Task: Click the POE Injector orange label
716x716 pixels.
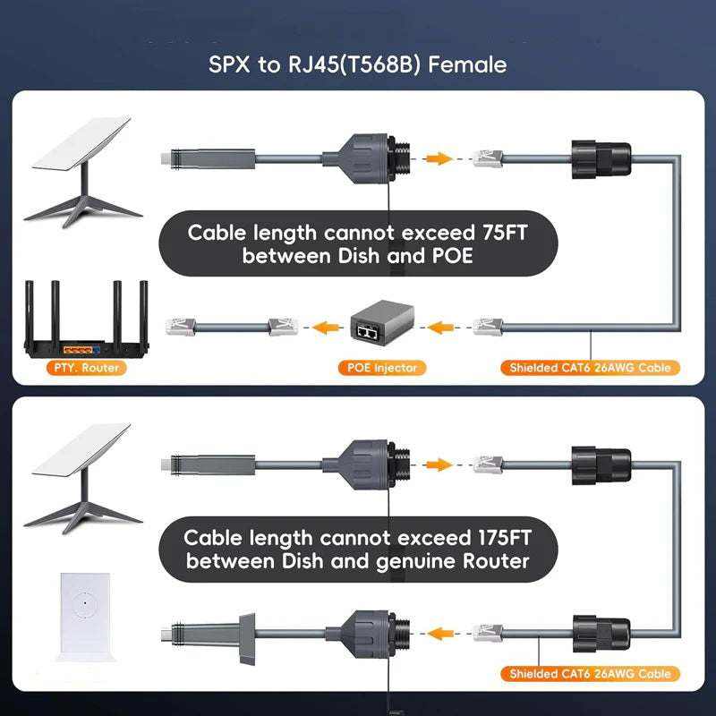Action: (x=382, y=368)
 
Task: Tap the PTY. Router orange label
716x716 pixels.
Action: (x=86, y=368)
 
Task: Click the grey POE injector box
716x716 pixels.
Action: (x=382, y=322)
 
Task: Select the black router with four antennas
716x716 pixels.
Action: (x=86, y=320)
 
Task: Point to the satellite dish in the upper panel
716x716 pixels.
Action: (x=82, y=171)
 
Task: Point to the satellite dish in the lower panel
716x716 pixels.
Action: (x=82, y=478)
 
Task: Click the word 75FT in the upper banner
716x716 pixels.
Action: (x=505, y=233)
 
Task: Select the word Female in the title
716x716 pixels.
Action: (x=467, y=64)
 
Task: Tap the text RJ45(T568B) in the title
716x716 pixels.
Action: (x=354, y=64)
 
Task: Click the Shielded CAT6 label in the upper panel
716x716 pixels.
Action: (x=590, y=368)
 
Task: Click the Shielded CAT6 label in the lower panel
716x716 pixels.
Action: (x=590, y=674)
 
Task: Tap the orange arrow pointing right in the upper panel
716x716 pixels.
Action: (x=438, y=158)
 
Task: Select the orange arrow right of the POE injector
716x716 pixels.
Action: (x=440, y=327)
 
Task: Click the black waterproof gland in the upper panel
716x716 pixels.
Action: (x=601, y=159)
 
